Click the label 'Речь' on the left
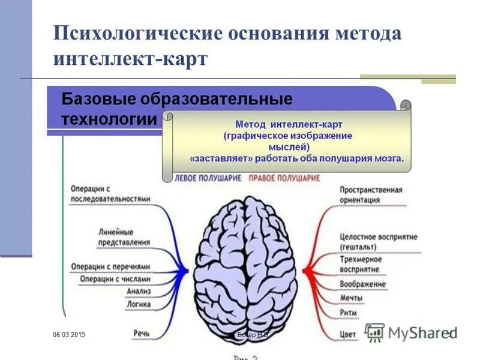[142, 332]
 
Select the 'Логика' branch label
[138, 304]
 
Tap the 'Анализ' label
[138, 292]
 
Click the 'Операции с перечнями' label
[110, 266]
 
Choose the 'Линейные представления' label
[124, 238]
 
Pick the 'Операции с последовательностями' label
[110, 194]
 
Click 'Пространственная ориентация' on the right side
[371, 195]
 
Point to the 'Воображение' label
[362, 284]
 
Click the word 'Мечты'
[351, 298]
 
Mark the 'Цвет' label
[348, 334]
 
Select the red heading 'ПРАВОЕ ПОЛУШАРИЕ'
[284, 178]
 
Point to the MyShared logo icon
[375, 332]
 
